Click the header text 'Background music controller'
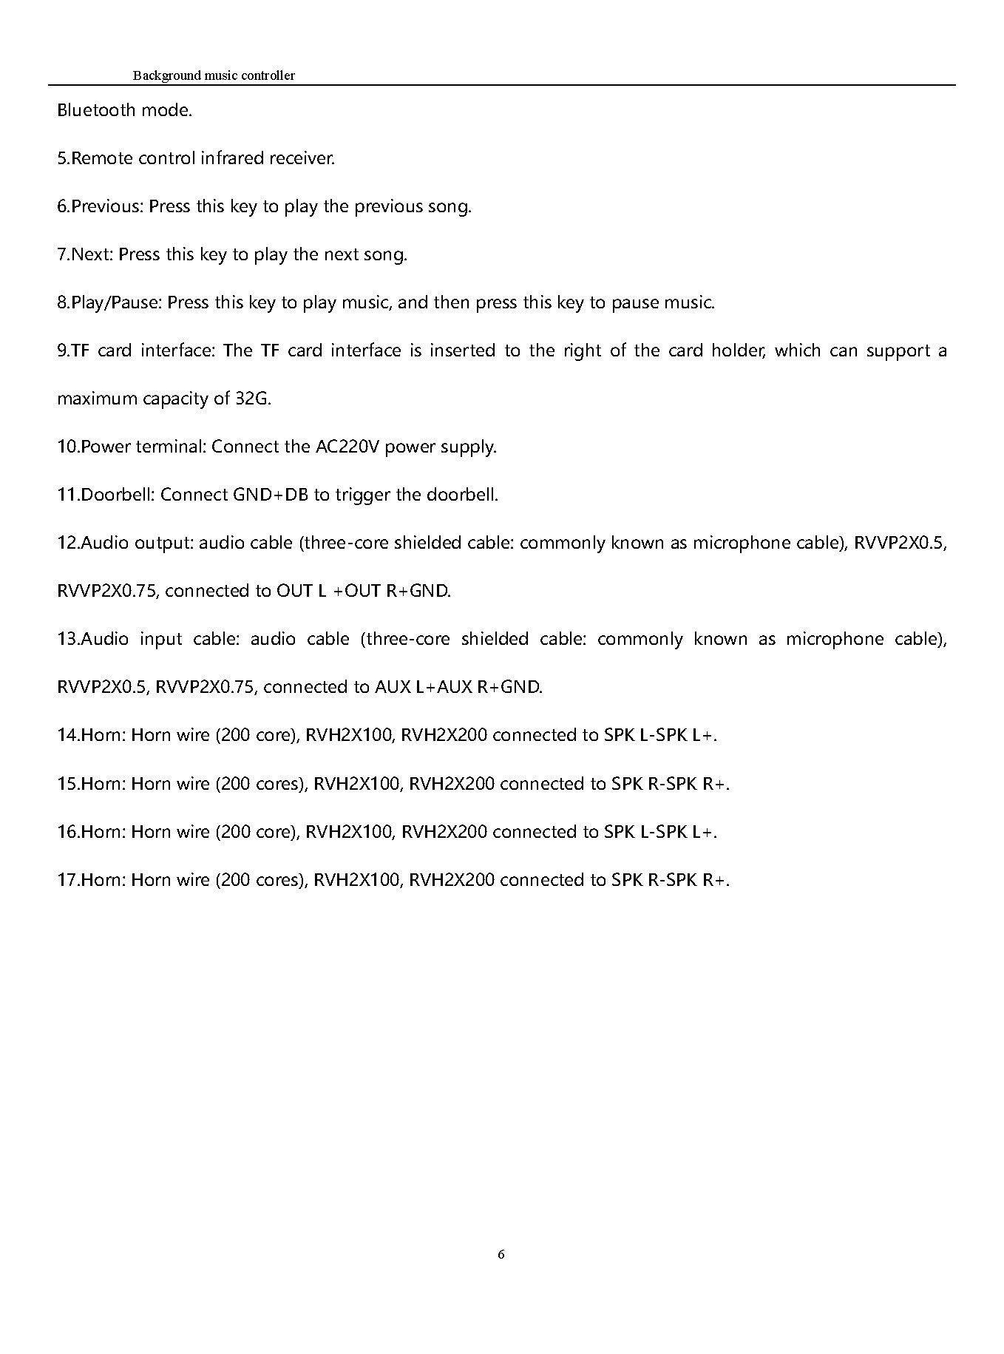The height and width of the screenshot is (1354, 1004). [214, 75]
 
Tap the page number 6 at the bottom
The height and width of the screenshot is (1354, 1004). [501, 1254]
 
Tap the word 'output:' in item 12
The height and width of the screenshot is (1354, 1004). [164, 543]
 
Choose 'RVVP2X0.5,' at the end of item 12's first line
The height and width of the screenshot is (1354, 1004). [900, 543]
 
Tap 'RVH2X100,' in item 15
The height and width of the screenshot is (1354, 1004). [358, 783]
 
